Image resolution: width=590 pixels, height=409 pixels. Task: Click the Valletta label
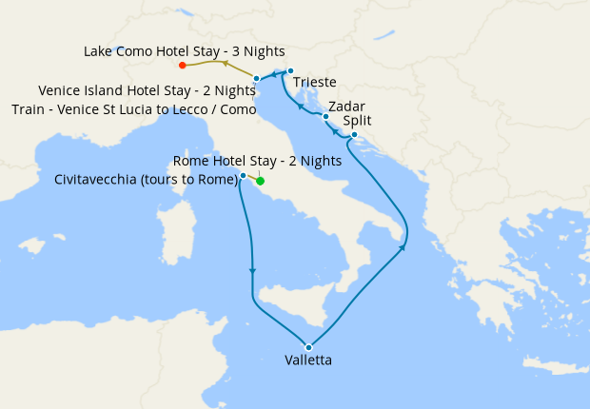[x=308, y=360]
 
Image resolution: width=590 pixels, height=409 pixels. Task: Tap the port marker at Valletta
[x=308, y=347]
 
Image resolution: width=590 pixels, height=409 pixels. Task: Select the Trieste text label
[x=315, y=83]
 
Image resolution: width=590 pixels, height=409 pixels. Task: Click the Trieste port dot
[x=290, y=70]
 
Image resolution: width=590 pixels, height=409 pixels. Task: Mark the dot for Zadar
[x=326, y=117]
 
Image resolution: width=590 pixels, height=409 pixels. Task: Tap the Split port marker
[x=354, y=135]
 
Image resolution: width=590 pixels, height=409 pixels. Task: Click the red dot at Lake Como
[x=182, y=66]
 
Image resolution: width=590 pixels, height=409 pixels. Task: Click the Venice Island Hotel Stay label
[x=147, y=91]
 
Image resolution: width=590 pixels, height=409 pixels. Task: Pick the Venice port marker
[x=257, y=78]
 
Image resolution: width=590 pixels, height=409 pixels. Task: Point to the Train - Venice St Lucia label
[x=134, y=110]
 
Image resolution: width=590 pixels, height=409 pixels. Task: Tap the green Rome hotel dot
[x=260, y=181]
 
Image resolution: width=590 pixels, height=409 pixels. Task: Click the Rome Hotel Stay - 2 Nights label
[x=257, y=161]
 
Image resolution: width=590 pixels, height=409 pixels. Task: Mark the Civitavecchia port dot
[x=244, y=176]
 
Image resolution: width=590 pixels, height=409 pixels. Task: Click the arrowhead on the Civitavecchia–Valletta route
[x=252, y=270]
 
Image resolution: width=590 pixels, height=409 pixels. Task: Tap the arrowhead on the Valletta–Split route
[x=403, y=247]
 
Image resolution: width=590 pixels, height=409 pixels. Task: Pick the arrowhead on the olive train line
[x=224, y=63]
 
